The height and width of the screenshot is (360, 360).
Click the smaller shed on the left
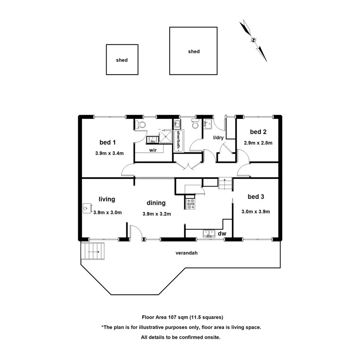pyautogui.click(x=122, y=59)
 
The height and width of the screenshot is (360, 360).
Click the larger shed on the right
pyautogui.click(x=193, y=51)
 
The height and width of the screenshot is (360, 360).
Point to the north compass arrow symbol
pyautogui.click(x=253, y=40)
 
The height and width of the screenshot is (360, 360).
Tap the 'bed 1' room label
pyautogui.click(x=107, y=142)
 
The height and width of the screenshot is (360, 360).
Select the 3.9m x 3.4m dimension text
pyautogui.click(x=109, y=153)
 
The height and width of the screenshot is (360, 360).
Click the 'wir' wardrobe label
pyautogui.click(x=153, y=150)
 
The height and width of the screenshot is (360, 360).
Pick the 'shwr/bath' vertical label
pyautogui.click(x=178, y=140)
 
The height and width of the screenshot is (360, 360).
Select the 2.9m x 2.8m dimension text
pyautogui.click(x=258, y=143)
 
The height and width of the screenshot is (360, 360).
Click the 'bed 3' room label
pyautogui.click(x=256, y=197)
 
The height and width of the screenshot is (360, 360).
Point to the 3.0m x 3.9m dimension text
pyautogui.click(x=256, y=211)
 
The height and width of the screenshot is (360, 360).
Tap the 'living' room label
pyautogui.click(x=107, y=199)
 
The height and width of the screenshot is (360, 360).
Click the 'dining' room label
pyautogui.click(x=156, y=203)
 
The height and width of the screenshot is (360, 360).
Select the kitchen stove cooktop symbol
pyautogui.click(x=191, y=204)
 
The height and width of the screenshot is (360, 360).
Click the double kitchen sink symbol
pyautogui.click(x=209, y=233)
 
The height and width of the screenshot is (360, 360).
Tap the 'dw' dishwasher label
pyautogui.click(x=222, y=233)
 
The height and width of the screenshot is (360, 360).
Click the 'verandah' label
pyautogui.click(x=184, y=254)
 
